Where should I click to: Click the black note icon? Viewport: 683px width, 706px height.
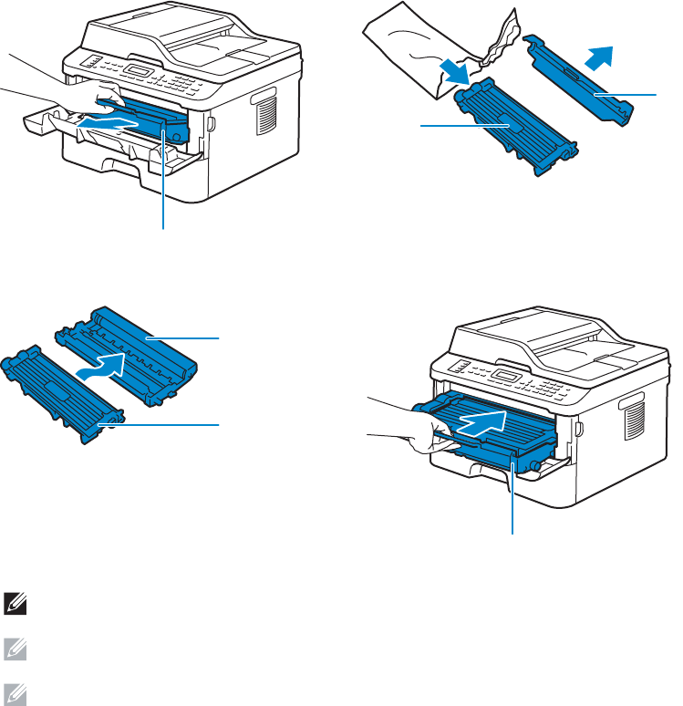(x=15, y=601)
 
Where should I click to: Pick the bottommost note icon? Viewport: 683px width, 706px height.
(x=15, y=693)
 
